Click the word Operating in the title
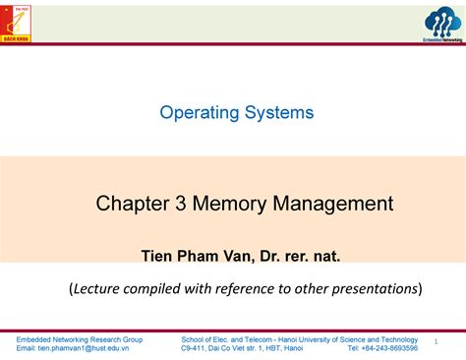[201, 112]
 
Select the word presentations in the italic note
[371, 288]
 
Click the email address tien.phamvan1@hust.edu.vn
[89, 348]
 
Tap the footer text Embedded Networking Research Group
[80, 338]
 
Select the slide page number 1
[434, 343]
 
